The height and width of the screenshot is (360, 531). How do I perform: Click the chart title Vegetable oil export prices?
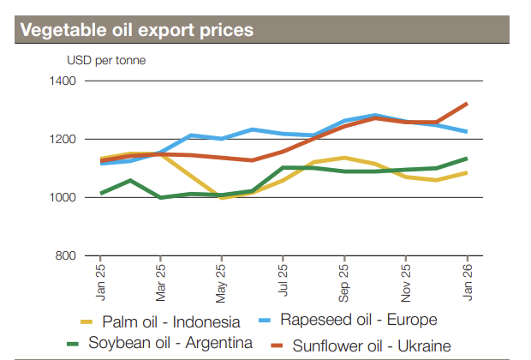pyautogui.click(x=136, y=30)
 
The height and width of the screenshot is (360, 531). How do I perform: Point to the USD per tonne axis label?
pyautogui.click(x=106, y=60)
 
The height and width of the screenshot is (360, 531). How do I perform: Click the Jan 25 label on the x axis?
pyautogui.click(x=100, y=279)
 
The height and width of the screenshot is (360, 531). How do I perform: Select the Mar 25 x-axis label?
pyautogui.click(x=161, y=279)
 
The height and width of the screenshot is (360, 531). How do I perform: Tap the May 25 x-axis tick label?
pyautogui.click(x=222, y=279)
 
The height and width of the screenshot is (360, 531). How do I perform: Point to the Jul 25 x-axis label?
pyautogui.click(x=283, y=279)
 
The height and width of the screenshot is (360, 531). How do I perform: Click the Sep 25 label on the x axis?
pyautogui.click(x=344, y=279)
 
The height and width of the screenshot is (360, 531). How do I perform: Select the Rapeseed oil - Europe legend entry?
pyautogui.click(x=359, y=320)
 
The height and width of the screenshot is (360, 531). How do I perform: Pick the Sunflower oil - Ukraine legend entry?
pyautogui.click(x=371, y=345)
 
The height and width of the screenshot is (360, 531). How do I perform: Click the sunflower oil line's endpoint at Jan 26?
pyautogui.click(x=467, y=104)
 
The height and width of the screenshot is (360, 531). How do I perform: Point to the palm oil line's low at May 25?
pyautogui.click(x=222, y=198)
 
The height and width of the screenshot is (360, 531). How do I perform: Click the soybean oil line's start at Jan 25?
pyautogui.click(x=100, y=194)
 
